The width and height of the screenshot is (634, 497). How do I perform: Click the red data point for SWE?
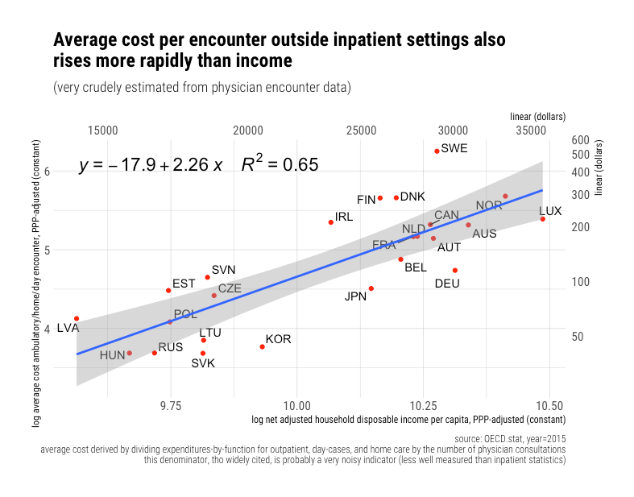pyautogui.click(x=437, y=151)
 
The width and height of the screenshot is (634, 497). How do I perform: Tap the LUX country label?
pyautogui.click(x=550, y=211)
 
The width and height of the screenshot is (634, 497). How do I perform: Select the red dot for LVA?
pyautogui.click(x=77, y=318)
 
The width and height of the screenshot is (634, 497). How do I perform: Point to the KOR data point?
pyautogui.click(x=262, y=346)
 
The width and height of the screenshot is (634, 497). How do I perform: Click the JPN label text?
pyautogui.click(x=355, y=296)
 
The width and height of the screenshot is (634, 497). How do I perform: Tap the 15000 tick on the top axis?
pyautogui.click(x=103, y=130)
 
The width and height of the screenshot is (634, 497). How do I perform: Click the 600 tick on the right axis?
pyautogui.click(x=582, y=140)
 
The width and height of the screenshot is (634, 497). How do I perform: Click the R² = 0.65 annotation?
pyautogui.click(x=280, y=164)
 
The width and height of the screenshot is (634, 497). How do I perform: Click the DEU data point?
pyautogui.click(x=455, y=270)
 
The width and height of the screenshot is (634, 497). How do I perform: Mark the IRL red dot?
pyautogui.click(x=331, y=222)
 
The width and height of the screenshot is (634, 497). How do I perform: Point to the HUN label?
pyautogui.click(x=112, y=354)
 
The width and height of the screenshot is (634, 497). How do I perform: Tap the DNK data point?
pyautogui.click(x=396, y=197)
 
